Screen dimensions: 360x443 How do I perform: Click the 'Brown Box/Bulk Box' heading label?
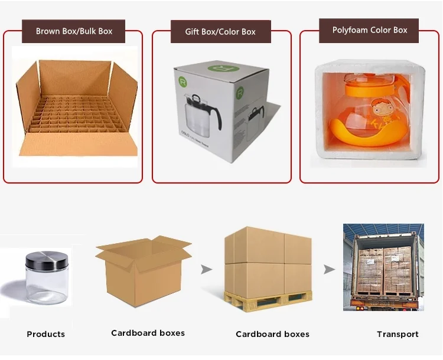[x=74, y=31]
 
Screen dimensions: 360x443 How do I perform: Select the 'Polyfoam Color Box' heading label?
[x=370, y=30]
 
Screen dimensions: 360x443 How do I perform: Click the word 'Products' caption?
[x=45, y=334]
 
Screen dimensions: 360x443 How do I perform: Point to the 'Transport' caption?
[x=398, y=334]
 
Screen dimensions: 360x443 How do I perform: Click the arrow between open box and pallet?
[x=206, y=270]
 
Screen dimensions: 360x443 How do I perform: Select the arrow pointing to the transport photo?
[x=329, y=270]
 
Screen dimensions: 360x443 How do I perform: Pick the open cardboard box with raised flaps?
[x=142, y=271]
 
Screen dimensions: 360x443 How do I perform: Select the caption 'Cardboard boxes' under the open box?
[x=148, y=333]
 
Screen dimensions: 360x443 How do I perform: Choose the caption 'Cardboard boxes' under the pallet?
[x=272, y=334]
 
